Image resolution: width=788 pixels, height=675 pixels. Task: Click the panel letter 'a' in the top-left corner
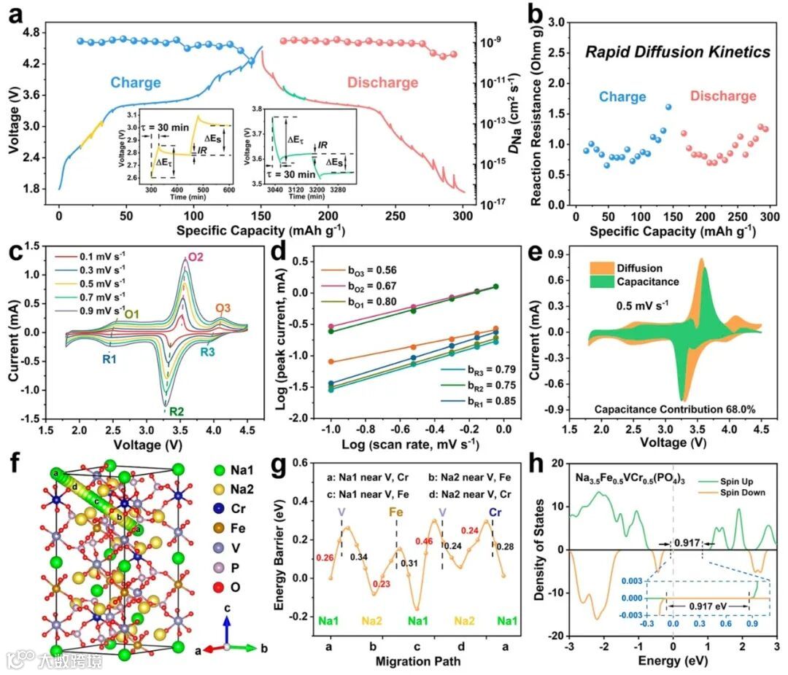coord(16,15)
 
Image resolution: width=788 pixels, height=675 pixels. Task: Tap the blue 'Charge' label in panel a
coord(136,82)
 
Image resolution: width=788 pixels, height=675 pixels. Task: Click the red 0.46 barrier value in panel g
coord(422,541)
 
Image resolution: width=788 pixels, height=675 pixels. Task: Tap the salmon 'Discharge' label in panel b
coord(722,96)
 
